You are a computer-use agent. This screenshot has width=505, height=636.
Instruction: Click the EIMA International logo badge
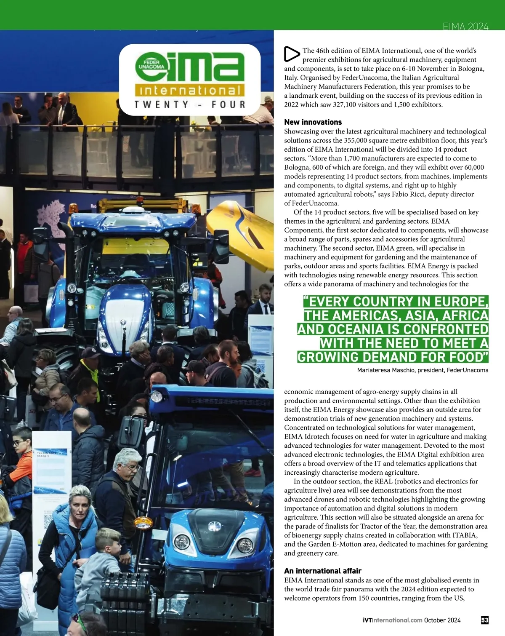(190, 80)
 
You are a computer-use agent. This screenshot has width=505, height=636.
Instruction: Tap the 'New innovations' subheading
(313, 122)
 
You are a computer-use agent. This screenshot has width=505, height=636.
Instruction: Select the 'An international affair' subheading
(322, 571)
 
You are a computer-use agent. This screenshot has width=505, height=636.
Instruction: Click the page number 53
(484, 620)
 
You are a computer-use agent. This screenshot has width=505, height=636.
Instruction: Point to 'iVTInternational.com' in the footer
(392, 620)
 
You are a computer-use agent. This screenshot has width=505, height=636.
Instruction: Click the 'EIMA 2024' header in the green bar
(465, 27)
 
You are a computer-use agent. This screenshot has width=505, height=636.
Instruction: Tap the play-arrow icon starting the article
(292, 54)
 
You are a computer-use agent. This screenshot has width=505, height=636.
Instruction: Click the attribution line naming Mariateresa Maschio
(423, 370)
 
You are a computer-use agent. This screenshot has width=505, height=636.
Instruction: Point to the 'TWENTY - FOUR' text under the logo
(190, 104)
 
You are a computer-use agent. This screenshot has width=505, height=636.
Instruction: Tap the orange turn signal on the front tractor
(143, 524)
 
